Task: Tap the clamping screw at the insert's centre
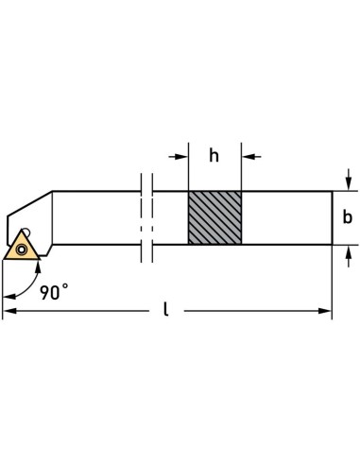coord(21,250)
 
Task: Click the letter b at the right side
coord(347,217)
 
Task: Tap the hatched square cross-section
coord(214,218)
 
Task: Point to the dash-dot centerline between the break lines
coord(145,218)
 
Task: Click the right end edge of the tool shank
coord(331,218)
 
